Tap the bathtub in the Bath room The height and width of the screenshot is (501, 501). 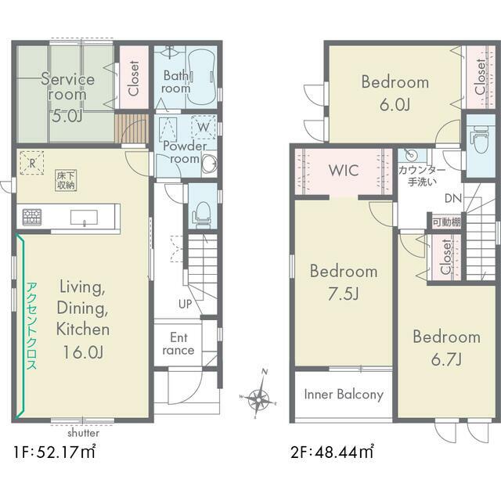[x=201, y=78]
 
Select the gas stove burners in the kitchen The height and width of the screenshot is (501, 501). [x=32, y=217]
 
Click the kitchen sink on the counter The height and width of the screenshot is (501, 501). [x=84, y=218]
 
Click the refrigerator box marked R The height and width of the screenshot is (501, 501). [x=32, y=164]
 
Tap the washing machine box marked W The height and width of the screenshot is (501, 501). [x=204, y=127]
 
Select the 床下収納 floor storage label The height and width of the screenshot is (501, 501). [x=66, y=180]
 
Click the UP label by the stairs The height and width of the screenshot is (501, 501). [x=185, y=304]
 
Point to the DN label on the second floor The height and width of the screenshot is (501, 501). [x=453, y=198]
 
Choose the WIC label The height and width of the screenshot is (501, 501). [x=344, y=171]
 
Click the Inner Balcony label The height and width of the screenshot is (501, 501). [x=344, y=395]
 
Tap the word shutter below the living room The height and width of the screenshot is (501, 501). [x=84, y=433]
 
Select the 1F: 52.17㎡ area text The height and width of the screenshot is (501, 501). [x=54, y=452]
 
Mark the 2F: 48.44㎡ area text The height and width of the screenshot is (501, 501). [x=332, y=452]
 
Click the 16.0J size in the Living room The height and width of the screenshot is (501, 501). [x=83, y=352]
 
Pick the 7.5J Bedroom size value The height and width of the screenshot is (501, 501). [x=344, y=294]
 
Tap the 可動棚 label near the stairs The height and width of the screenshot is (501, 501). [x=447, y=222]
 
